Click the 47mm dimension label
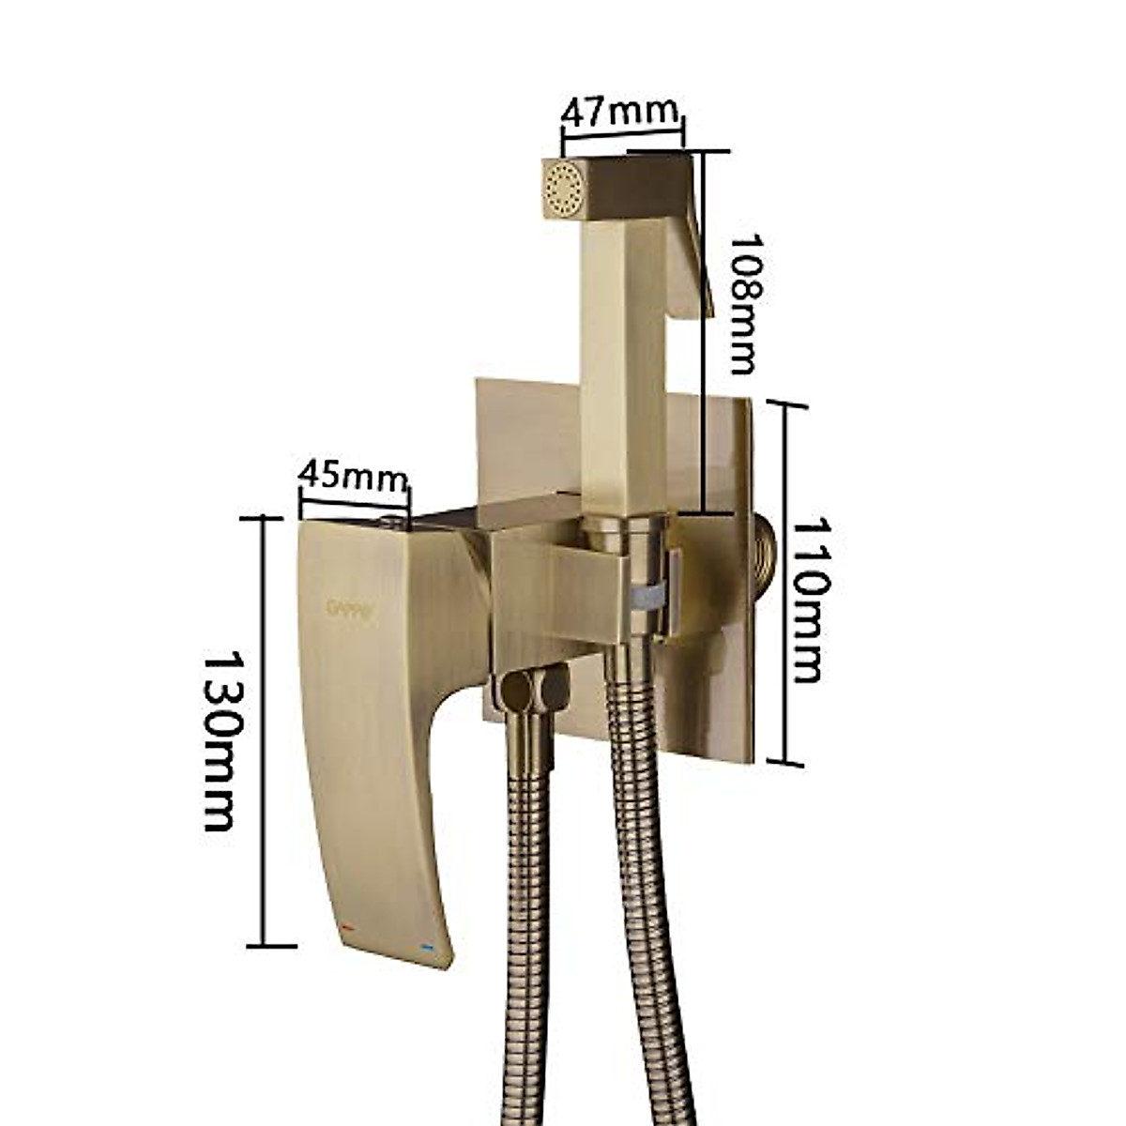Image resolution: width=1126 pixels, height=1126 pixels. tap(619, 113)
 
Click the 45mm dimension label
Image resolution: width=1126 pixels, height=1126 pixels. tap(353, 476)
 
